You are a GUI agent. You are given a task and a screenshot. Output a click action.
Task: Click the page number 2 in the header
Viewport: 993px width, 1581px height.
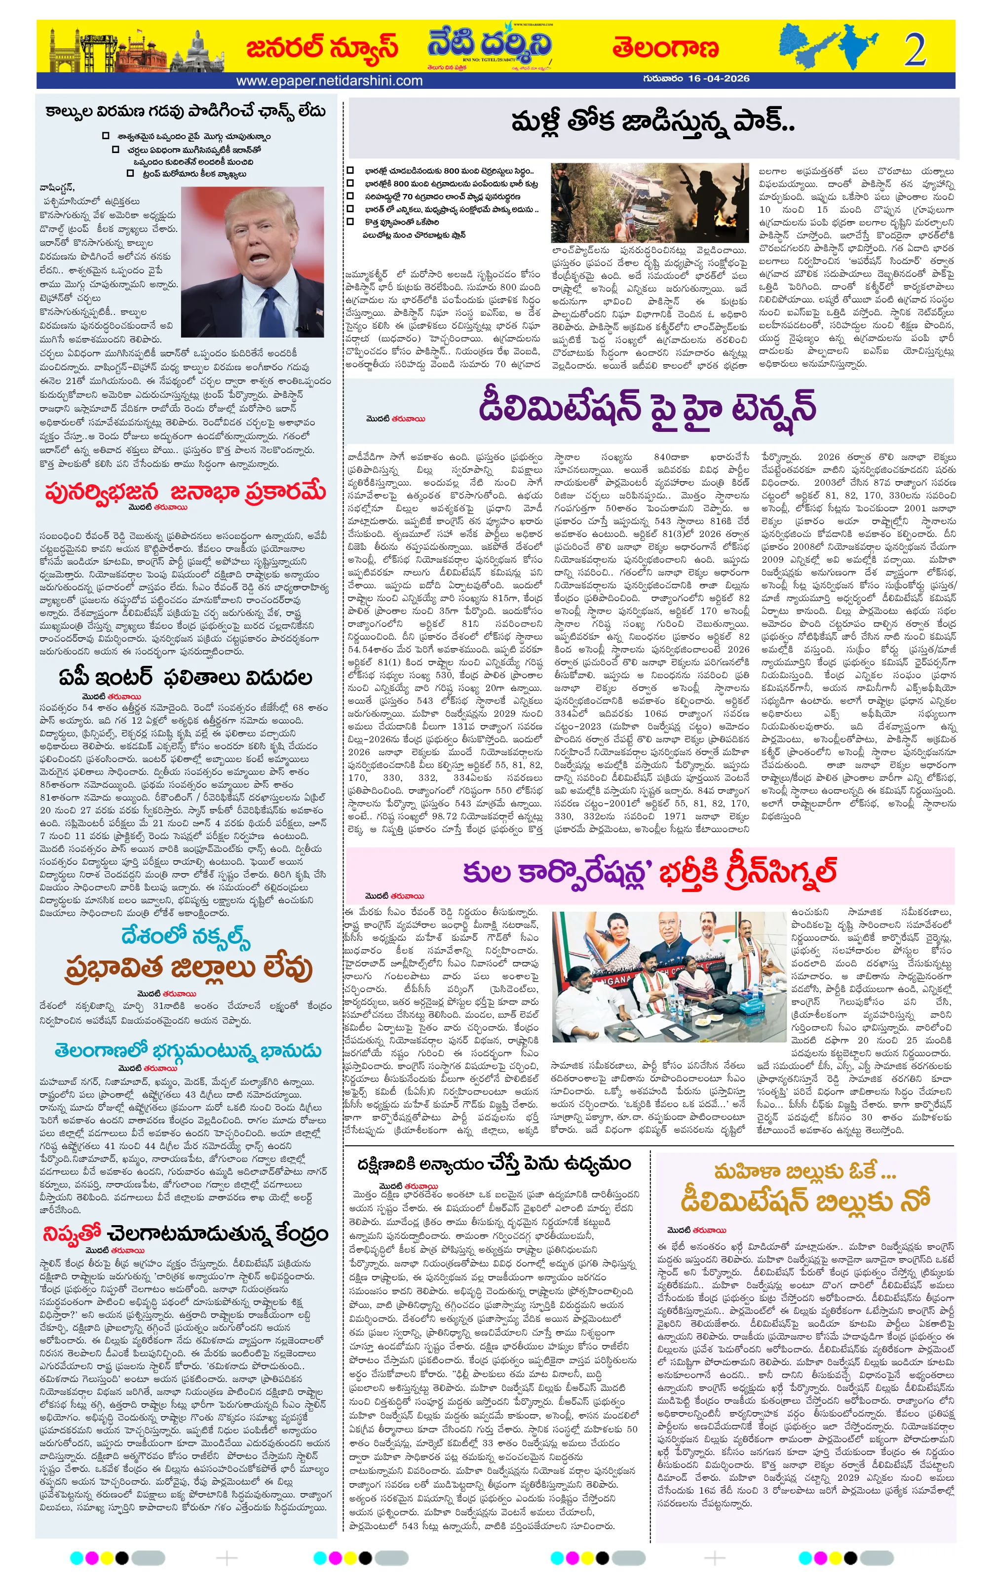(914, 49)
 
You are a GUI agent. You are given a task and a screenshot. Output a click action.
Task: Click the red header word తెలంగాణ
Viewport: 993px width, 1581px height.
(665, 48)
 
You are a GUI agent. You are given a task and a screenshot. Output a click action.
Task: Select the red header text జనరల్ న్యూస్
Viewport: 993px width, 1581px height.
(322, 48)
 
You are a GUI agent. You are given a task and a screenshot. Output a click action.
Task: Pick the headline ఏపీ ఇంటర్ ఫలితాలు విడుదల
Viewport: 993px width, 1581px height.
(185, 677)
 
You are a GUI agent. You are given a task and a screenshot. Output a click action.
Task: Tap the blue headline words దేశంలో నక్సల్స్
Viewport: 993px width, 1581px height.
(186, 935)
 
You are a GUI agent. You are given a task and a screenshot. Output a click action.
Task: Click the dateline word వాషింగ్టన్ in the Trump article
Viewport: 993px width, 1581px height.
(58, 187)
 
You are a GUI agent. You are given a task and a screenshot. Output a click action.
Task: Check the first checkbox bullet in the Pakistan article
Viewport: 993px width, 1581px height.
(350, 171)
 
